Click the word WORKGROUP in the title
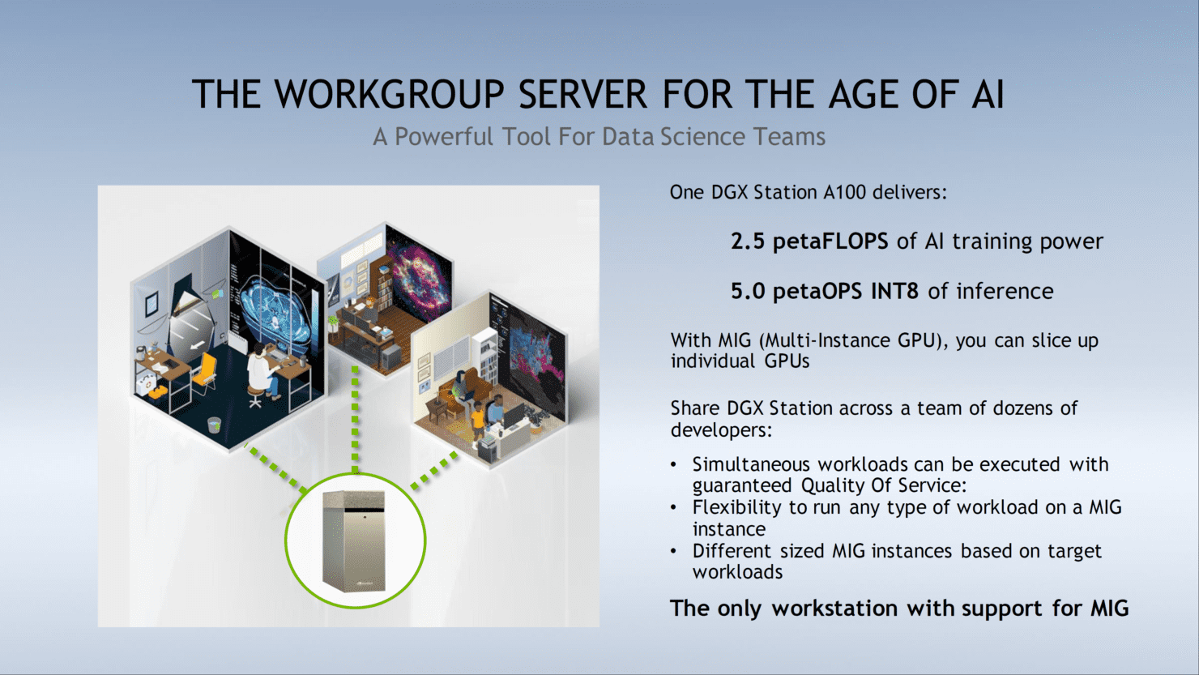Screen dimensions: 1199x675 (389, 95)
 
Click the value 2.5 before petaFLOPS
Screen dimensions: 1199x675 (748, 241)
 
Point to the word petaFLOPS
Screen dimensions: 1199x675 (830, 241)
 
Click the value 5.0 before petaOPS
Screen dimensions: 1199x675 (748, 291)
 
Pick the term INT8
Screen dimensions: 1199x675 (894, 291)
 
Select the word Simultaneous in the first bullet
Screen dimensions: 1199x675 (752, 464)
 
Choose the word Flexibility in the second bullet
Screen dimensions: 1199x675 (736, 507)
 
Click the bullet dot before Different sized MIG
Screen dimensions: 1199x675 (674, 551)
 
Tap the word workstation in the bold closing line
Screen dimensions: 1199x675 (835, 609)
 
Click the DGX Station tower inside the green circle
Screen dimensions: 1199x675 (353, 540)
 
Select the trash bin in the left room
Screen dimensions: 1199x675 (214, 425)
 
